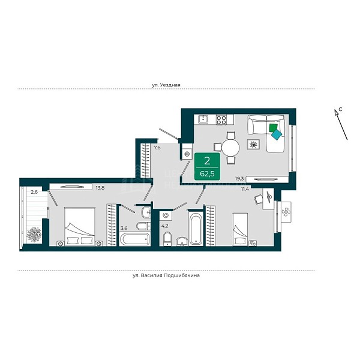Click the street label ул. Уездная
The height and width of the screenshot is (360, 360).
point(166,85)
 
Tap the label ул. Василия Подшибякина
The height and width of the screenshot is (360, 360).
point(166,275)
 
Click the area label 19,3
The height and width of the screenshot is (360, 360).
point(239,179)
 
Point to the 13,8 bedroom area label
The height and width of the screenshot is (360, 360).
point(100,188)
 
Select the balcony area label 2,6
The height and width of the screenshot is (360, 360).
point(34,192)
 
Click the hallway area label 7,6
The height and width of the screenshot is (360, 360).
point(157,148)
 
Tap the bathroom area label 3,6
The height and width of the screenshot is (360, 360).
point(124,228)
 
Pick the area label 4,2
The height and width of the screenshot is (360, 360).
point(164,226)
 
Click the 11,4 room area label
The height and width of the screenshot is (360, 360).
point(245,189)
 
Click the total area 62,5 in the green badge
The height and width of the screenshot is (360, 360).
point(207,174)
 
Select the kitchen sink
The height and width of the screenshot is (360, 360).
point(203,119)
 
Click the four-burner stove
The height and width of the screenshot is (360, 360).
point(221,120)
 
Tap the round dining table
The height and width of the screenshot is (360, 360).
point(230,148)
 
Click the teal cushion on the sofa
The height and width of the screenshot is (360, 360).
point(277,134)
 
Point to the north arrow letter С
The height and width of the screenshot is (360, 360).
point(341,109)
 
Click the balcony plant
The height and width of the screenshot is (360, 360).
point(34,235)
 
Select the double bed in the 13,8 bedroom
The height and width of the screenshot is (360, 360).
point(80,227)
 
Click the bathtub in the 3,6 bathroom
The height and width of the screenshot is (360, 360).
point(135,239)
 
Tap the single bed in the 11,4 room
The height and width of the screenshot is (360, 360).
point(240,229)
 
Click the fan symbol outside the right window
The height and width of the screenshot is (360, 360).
point(286,212)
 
